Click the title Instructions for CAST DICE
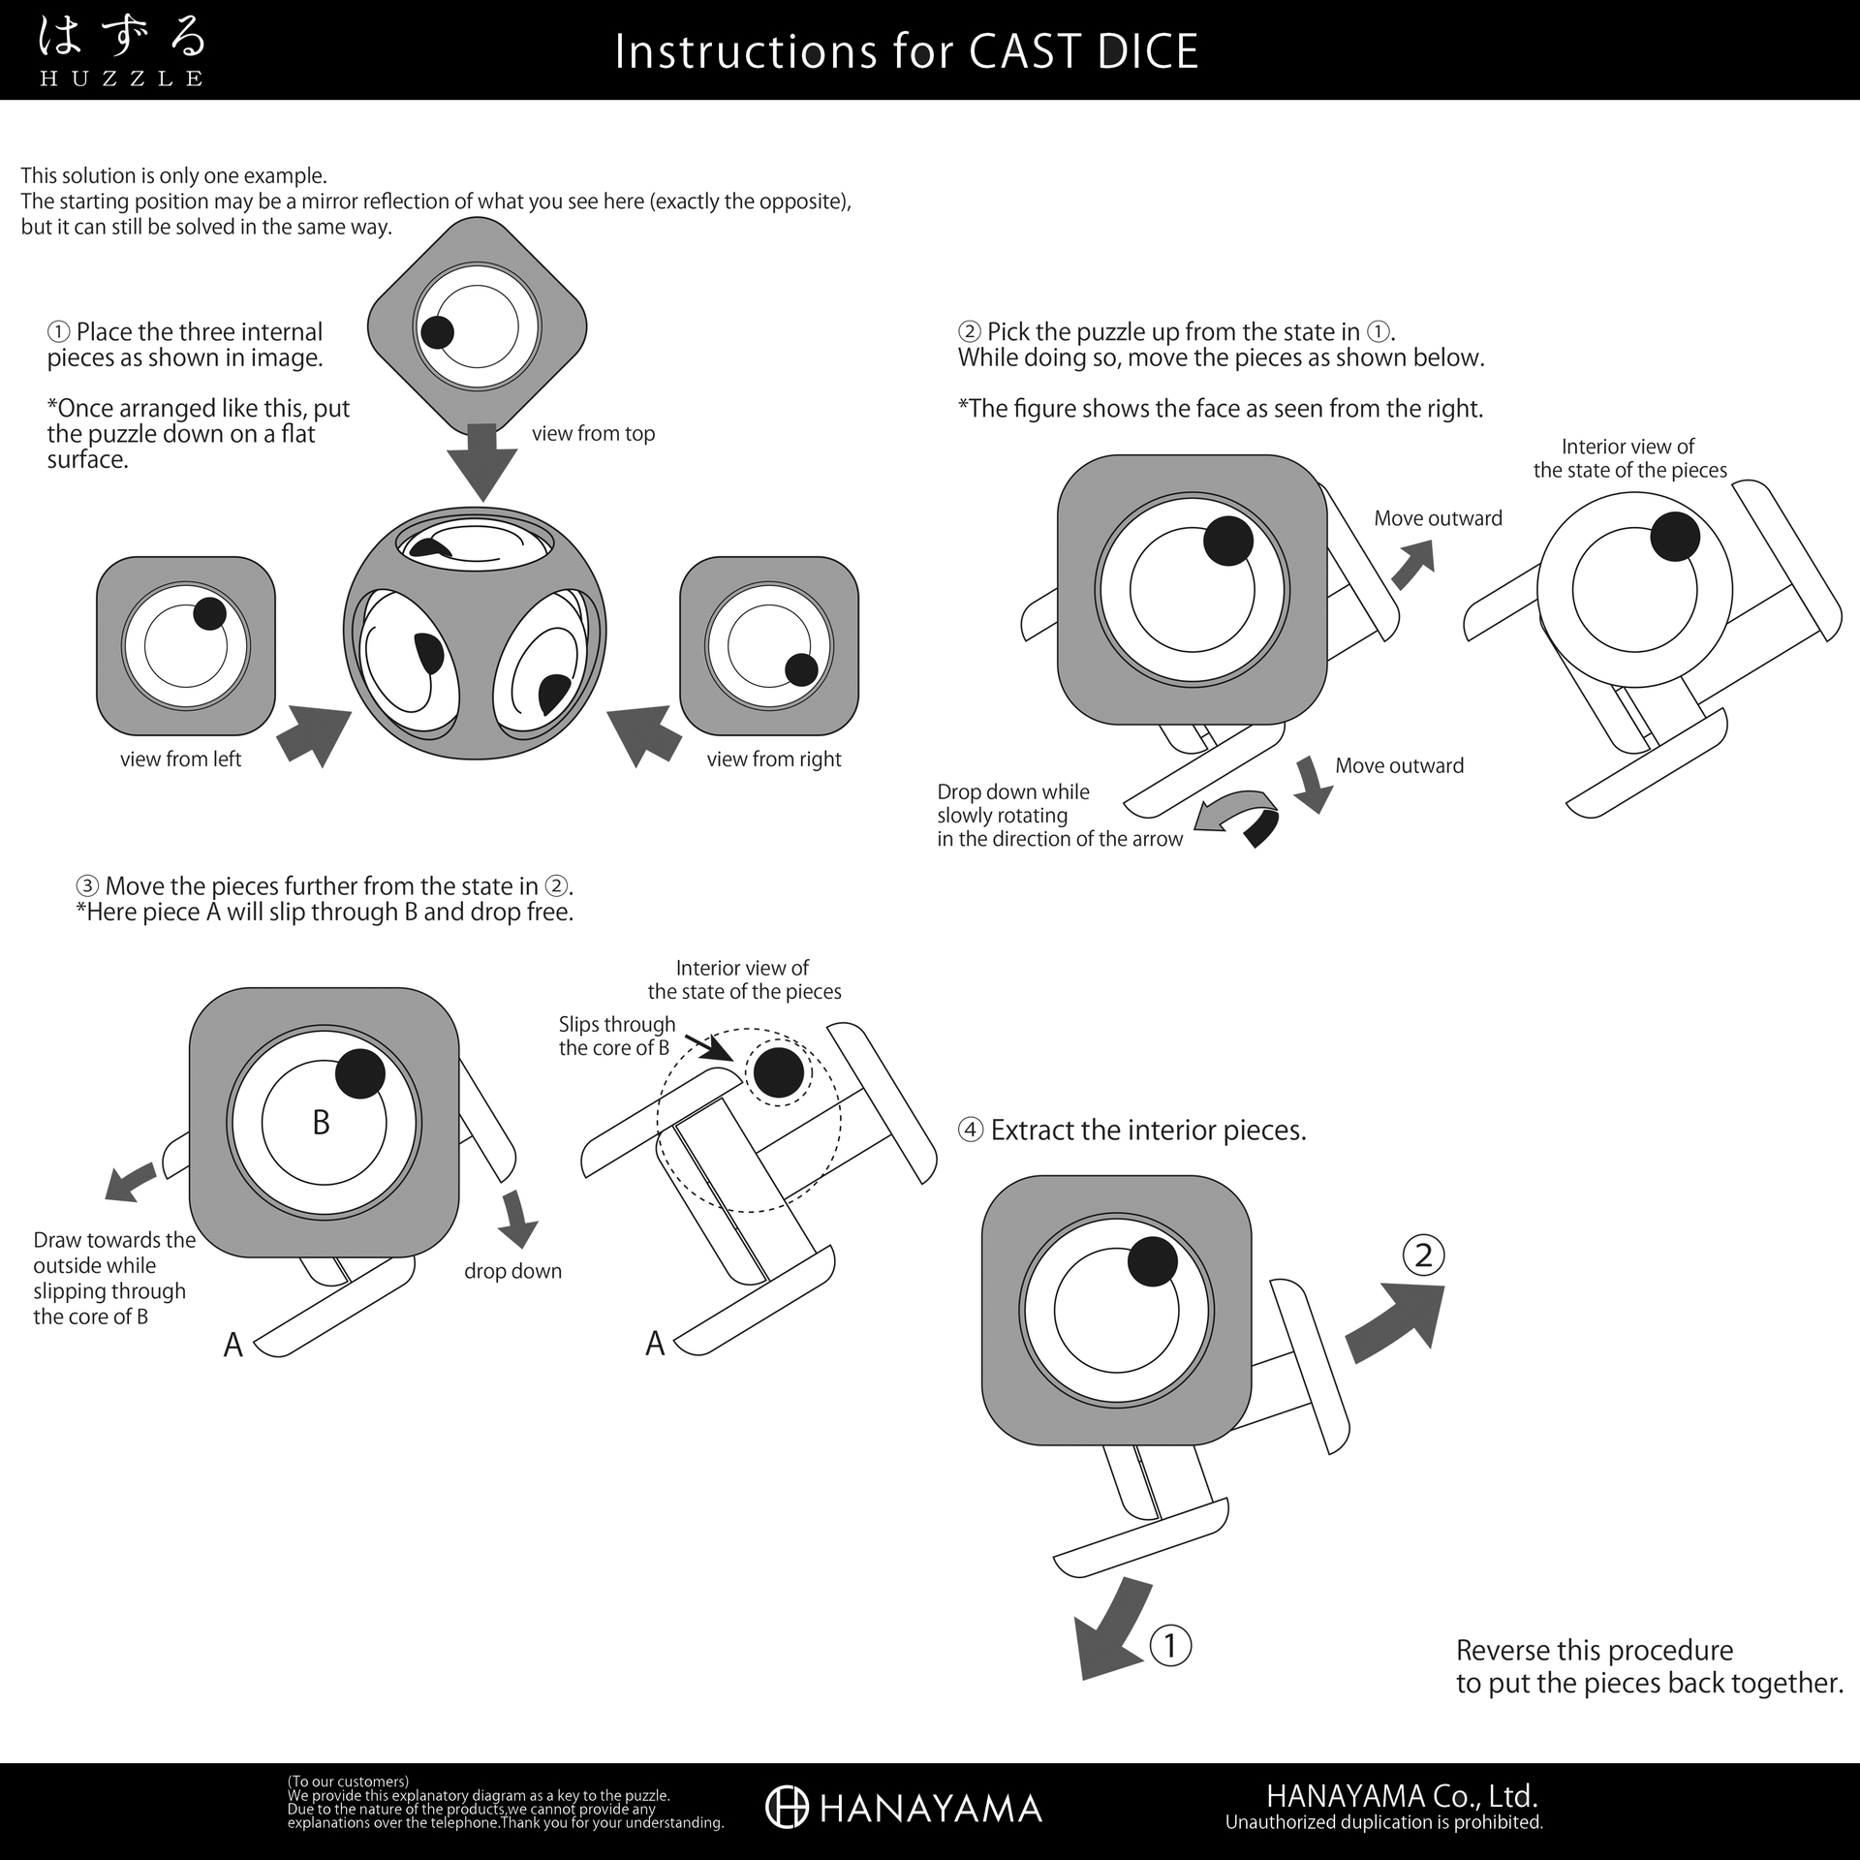coord(907,51)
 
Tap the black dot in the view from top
coord(437,332)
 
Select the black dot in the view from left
coord(209,613)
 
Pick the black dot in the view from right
coord(801,669)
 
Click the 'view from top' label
coord(593,433)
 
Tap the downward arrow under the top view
coord(481,462)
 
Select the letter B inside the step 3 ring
coord(321,1122)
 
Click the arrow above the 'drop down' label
coord(518,1219)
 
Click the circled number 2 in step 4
coord(1423,1255)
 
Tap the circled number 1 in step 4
coord(1169,1645)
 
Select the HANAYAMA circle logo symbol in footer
coord(787,1807)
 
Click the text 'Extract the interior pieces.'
coord(1148,1131)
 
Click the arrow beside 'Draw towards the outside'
coord(130,1183)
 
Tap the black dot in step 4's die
coord(1153,1262)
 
